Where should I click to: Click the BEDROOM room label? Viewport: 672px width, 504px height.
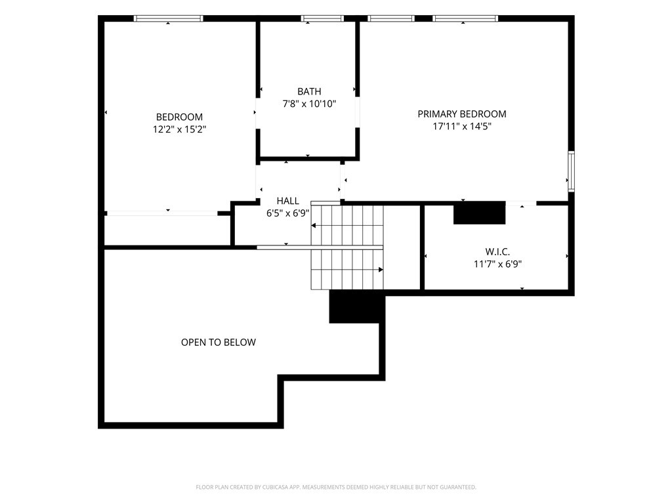click(x=179, y=117)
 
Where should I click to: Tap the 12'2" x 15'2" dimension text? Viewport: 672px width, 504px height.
click(x=180, y=129)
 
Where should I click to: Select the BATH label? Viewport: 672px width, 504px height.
click(x=309, y=91)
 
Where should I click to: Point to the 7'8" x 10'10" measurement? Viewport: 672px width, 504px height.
click(x=309, y=104)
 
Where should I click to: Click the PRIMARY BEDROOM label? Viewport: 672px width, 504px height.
click(x=462, y=114)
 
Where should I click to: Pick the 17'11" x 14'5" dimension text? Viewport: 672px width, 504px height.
click(x=462, y=127)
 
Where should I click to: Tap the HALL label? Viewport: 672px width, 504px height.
click(x=288, y=201)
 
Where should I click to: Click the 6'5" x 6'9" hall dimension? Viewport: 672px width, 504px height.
click(x=288, y=213)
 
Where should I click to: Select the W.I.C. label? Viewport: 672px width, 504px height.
click(x=497, y=252)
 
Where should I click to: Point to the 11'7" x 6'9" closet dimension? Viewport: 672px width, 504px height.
click(x=497, y=264)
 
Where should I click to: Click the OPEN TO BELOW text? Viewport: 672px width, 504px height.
click(x=218, y=343)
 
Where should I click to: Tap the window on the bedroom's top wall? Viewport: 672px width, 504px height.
click(x=169, y=18)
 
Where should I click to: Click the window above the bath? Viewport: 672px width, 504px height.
click(x=322, y=18)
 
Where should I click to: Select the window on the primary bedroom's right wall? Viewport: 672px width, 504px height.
click(x=572, y=171)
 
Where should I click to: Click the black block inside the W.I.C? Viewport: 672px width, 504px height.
click(x=480, y=213)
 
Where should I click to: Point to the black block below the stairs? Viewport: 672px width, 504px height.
click(x=355, y=306)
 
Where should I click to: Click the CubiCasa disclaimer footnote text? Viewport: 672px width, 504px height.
click(x=336, y=488)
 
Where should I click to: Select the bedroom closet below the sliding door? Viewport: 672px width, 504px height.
click(x=167, y=230)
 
